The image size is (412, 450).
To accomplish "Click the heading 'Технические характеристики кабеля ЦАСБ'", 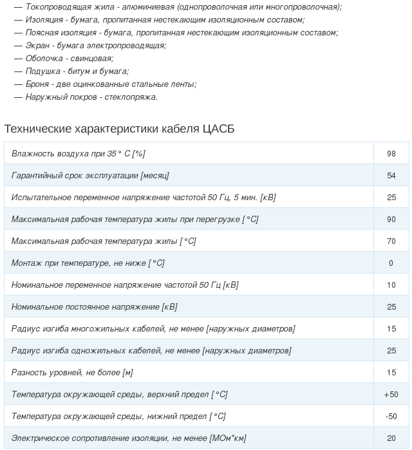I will (x=119, y=129).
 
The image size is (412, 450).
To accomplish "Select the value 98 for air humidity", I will (x=391, y=154).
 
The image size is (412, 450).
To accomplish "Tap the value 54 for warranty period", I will (x=391, y=176).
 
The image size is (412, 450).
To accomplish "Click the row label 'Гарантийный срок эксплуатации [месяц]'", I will (x=90, y=176).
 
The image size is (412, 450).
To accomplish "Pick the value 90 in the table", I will (x=391, y=220).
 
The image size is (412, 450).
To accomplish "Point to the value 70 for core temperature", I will (x=391, y=241).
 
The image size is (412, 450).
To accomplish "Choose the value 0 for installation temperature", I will (x=391, y=263).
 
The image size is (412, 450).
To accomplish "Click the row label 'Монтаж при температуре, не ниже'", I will (x=88, y=263).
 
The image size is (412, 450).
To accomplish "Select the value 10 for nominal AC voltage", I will (x=391, y=285).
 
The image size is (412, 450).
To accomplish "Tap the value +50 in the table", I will (x=391, y=395).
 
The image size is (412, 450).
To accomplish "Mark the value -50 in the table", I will (x=391, y=417).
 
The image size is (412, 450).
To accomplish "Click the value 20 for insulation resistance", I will (x=391, y=438).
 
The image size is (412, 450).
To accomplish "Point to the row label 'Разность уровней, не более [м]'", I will (x=72, y=373).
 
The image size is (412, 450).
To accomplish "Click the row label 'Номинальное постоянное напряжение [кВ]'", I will (x=94, y=307).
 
